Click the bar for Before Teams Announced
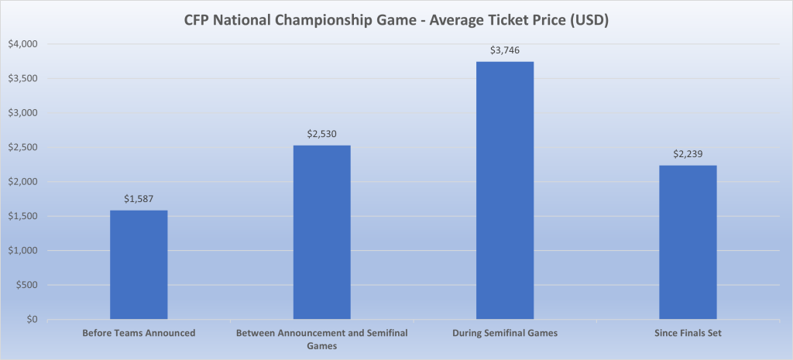(x=139, y=264)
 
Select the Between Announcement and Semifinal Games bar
(x=321, y=232)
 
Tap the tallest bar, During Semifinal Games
(x=505, y=190)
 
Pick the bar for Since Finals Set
(x=688, y=242)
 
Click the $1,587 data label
(x=139, y=199)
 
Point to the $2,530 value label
(x=321, y=134)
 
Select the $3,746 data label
(x=505, y=50)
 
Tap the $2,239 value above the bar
(x=688, y=154)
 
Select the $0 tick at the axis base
(x=33, y=320)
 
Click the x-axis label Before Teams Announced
(x=139, y=333)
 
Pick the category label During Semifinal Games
(x=505, y=333)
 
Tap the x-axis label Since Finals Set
(x=688, y=333)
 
